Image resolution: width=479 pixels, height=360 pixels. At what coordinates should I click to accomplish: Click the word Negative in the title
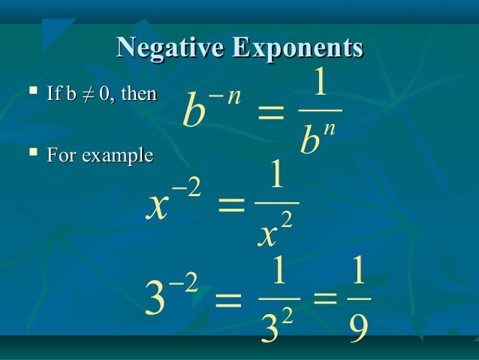[171, 48]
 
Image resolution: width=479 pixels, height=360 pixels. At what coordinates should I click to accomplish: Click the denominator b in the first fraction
[309, 141]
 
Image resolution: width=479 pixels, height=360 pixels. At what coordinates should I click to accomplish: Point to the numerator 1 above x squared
[276, 179]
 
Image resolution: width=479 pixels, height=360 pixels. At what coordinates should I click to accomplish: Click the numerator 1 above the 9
[358, 275]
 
